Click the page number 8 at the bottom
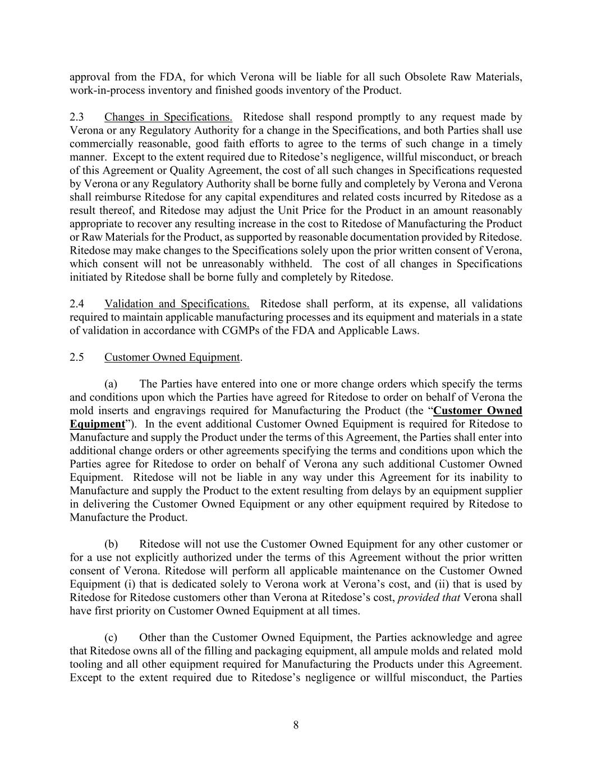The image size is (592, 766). (296, 725)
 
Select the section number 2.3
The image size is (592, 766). (77, 117)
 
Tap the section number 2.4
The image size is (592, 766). (77, 304)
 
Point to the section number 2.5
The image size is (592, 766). (77, 357)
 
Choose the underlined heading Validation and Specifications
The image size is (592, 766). (177, 304)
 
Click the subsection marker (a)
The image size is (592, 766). (111, 384)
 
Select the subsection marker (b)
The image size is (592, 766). (111, 544)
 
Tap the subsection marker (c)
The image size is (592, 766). (111, 637)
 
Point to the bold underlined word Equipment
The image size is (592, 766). (97, 424)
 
